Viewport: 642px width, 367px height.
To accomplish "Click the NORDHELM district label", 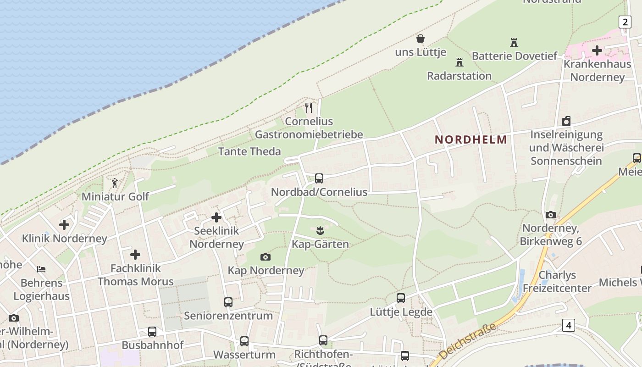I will click(x=471, y=139).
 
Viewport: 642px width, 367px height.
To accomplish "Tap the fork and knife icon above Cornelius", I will click(x=309, y=108).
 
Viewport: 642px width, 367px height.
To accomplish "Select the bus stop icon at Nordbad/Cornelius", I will click(x=319, y=178).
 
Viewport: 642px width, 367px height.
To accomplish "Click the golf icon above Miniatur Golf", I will click(x=115, y=183).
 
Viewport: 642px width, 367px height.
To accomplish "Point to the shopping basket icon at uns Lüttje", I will click(x=420, y=39).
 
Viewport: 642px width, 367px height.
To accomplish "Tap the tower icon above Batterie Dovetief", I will click(x=514, y=43).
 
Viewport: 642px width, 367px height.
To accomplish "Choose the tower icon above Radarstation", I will click(x=459, y=62).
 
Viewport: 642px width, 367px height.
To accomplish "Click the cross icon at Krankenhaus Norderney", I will click(x=597, y=50).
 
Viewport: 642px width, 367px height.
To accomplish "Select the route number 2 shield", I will click(x=625, y=22).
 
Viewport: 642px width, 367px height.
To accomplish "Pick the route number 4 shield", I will click(x=569, y=325).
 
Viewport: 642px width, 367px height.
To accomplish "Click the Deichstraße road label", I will click(x=467, y=342).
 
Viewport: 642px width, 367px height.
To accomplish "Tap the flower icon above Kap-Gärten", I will click(x=321, y=230).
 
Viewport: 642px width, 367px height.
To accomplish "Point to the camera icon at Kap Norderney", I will click(x=265, y=257).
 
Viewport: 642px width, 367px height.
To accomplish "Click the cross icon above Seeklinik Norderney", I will click(x=216, y=217).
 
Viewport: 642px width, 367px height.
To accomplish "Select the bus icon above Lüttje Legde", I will click(x=401, y=298).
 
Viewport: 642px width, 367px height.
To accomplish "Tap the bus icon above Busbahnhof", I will click(x=152, y=331).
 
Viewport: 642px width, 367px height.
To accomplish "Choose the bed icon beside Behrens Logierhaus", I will click(x=41, y=269).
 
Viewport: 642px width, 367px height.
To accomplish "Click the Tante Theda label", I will click(x=249, y=151).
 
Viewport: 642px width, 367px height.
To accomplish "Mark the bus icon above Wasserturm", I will click(x=244, y=341).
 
